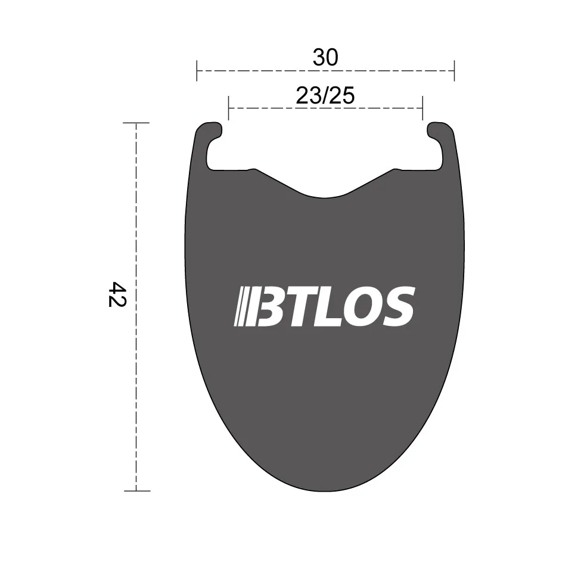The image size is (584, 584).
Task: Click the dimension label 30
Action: [x=325, y=57]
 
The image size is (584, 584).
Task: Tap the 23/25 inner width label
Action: [x=325, y=95]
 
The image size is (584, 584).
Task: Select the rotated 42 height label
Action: [x=116, y=294]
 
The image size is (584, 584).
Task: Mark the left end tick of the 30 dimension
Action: [x=197, y=70]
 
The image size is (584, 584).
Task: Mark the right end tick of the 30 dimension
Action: [x=454, y=70]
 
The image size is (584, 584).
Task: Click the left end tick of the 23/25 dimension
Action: [x=228, y=108]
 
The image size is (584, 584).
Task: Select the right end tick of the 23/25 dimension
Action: [x=423, y=108]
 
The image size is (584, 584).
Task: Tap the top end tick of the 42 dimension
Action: [x=136, y=123]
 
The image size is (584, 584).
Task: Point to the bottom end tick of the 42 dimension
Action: [x=136, y=491]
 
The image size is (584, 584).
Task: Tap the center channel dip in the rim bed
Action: [x=325, y=195]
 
